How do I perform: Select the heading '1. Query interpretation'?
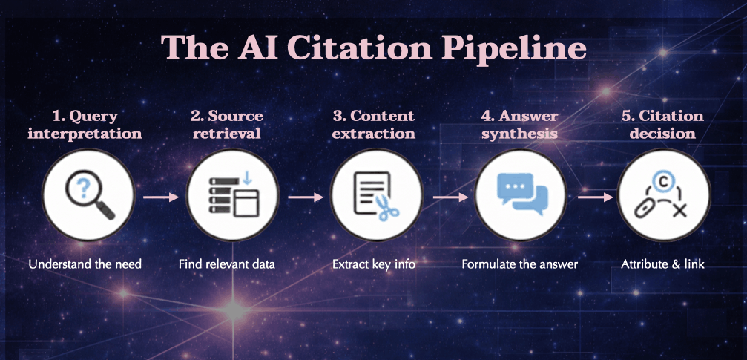pyautogui.click(x=85, y=125)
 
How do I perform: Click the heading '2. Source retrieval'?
pyautogui.click(x=226, y=125)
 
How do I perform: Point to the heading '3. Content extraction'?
pyautogui.click(x=373, y=125)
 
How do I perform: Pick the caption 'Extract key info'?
pyautogui.click(x=373, y=264)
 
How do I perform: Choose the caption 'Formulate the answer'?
pyautogui.click(x=519, y=264)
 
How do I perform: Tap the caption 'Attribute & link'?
pyautogui.click(x=662, y=264)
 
